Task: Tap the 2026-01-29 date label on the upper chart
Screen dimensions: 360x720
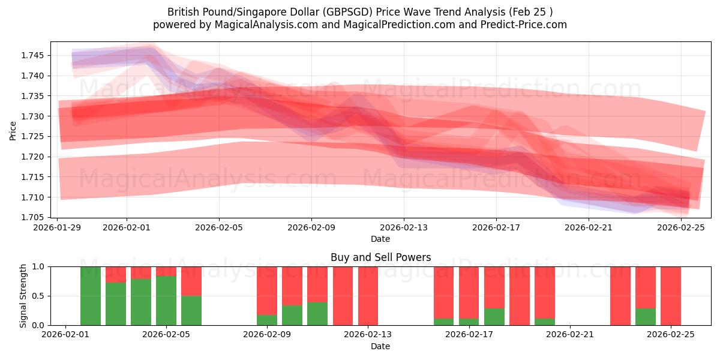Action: [x=58, y=228]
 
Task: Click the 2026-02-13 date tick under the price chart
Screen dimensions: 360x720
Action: [x=403, y=228]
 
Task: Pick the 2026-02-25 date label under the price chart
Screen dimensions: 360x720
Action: [x=680, y=228]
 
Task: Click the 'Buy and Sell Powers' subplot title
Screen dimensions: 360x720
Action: [x=380, y=257]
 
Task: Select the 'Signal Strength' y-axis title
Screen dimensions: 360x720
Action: [x=23, y=296]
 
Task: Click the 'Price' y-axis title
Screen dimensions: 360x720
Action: [x=13, y=130]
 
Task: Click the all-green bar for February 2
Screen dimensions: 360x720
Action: [x=91, y=296]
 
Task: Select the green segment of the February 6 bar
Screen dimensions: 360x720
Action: [x=191, y=310]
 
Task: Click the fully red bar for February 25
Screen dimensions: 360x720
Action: [x=671, y=296]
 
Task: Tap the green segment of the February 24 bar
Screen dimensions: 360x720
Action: [x=646, y=317]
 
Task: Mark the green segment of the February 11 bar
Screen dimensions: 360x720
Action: [x=317, y=314]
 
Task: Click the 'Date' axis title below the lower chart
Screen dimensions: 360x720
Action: [x=380, y=346]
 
